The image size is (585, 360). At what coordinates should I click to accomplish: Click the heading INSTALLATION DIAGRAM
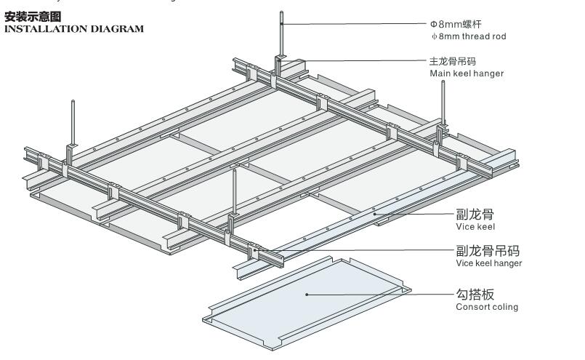click(x=73, y=29)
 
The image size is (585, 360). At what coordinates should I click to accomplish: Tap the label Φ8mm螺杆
click(x=456, y=23)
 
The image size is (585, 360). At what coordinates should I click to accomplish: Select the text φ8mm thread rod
click(x=468, y=36)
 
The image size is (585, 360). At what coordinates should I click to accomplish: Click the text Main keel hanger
click(x=466, y=73)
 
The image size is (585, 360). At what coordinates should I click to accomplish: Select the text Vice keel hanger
click(x=488, y=263)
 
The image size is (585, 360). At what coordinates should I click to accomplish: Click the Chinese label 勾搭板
click(x=475, y=295)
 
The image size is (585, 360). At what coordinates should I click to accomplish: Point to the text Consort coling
click(x=487, y=307)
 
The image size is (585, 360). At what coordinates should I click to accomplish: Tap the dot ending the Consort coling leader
click(x=307, y=294)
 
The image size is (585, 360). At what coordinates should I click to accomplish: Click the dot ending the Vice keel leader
click(x=374, y=214)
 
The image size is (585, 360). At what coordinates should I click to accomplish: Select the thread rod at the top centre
click(x=282, y=33)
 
